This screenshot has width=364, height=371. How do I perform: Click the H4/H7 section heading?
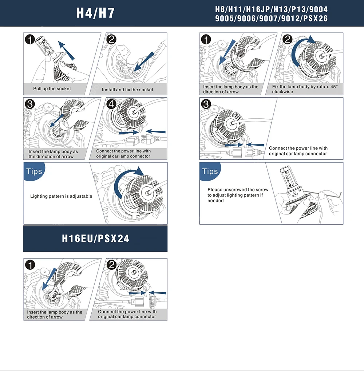coord(95,13)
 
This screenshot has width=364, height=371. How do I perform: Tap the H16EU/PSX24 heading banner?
coord(95,238)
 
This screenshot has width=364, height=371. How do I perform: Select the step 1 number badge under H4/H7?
coord(30,39)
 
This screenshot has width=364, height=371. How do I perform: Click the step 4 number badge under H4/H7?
coord(111,104)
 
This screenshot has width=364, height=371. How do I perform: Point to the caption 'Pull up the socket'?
coord(52,89)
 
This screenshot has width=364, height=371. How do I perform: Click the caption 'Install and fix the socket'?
coord(127,90)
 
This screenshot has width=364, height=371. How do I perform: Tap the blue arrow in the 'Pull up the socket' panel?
coord(66,50)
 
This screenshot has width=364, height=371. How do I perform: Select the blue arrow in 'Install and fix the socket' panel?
coord(144,62)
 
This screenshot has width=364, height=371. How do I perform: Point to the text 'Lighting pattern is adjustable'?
coord(61,196)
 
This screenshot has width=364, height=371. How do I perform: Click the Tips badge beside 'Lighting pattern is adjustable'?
coord(34,171)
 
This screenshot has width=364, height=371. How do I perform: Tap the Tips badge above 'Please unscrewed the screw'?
coord(210,171)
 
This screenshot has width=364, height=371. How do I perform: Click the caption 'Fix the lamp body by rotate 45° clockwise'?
coord(305,89)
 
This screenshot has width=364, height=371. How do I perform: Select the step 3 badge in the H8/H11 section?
coord(206,104)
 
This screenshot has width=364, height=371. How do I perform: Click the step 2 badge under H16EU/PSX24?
coord(111,265)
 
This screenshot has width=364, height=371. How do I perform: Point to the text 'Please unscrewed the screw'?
coord(238,190)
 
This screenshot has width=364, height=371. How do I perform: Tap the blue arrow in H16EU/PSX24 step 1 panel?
coord(49,279)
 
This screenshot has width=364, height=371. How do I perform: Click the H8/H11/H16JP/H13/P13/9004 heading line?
coord(271,9)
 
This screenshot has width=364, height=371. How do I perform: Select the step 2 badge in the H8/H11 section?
coord(287,39)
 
